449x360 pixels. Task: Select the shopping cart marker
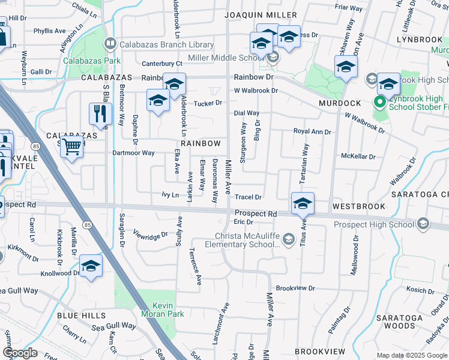coord(71,146)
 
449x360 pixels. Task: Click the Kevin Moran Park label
coord(154,310)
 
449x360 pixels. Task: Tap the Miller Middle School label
coord(227,58)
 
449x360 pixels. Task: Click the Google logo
coord(20,353)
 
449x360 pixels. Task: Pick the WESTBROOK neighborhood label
coord(358,206)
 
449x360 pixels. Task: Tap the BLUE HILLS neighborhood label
coord(81,315)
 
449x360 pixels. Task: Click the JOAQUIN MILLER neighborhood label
coord(261,14)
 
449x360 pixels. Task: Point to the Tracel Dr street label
coord(248,197)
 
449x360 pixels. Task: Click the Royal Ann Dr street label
coord(312,131)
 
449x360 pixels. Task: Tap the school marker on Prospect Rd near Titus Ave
coord(303,203)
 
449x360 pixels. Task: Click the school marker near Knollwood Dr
coord(91,266)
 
